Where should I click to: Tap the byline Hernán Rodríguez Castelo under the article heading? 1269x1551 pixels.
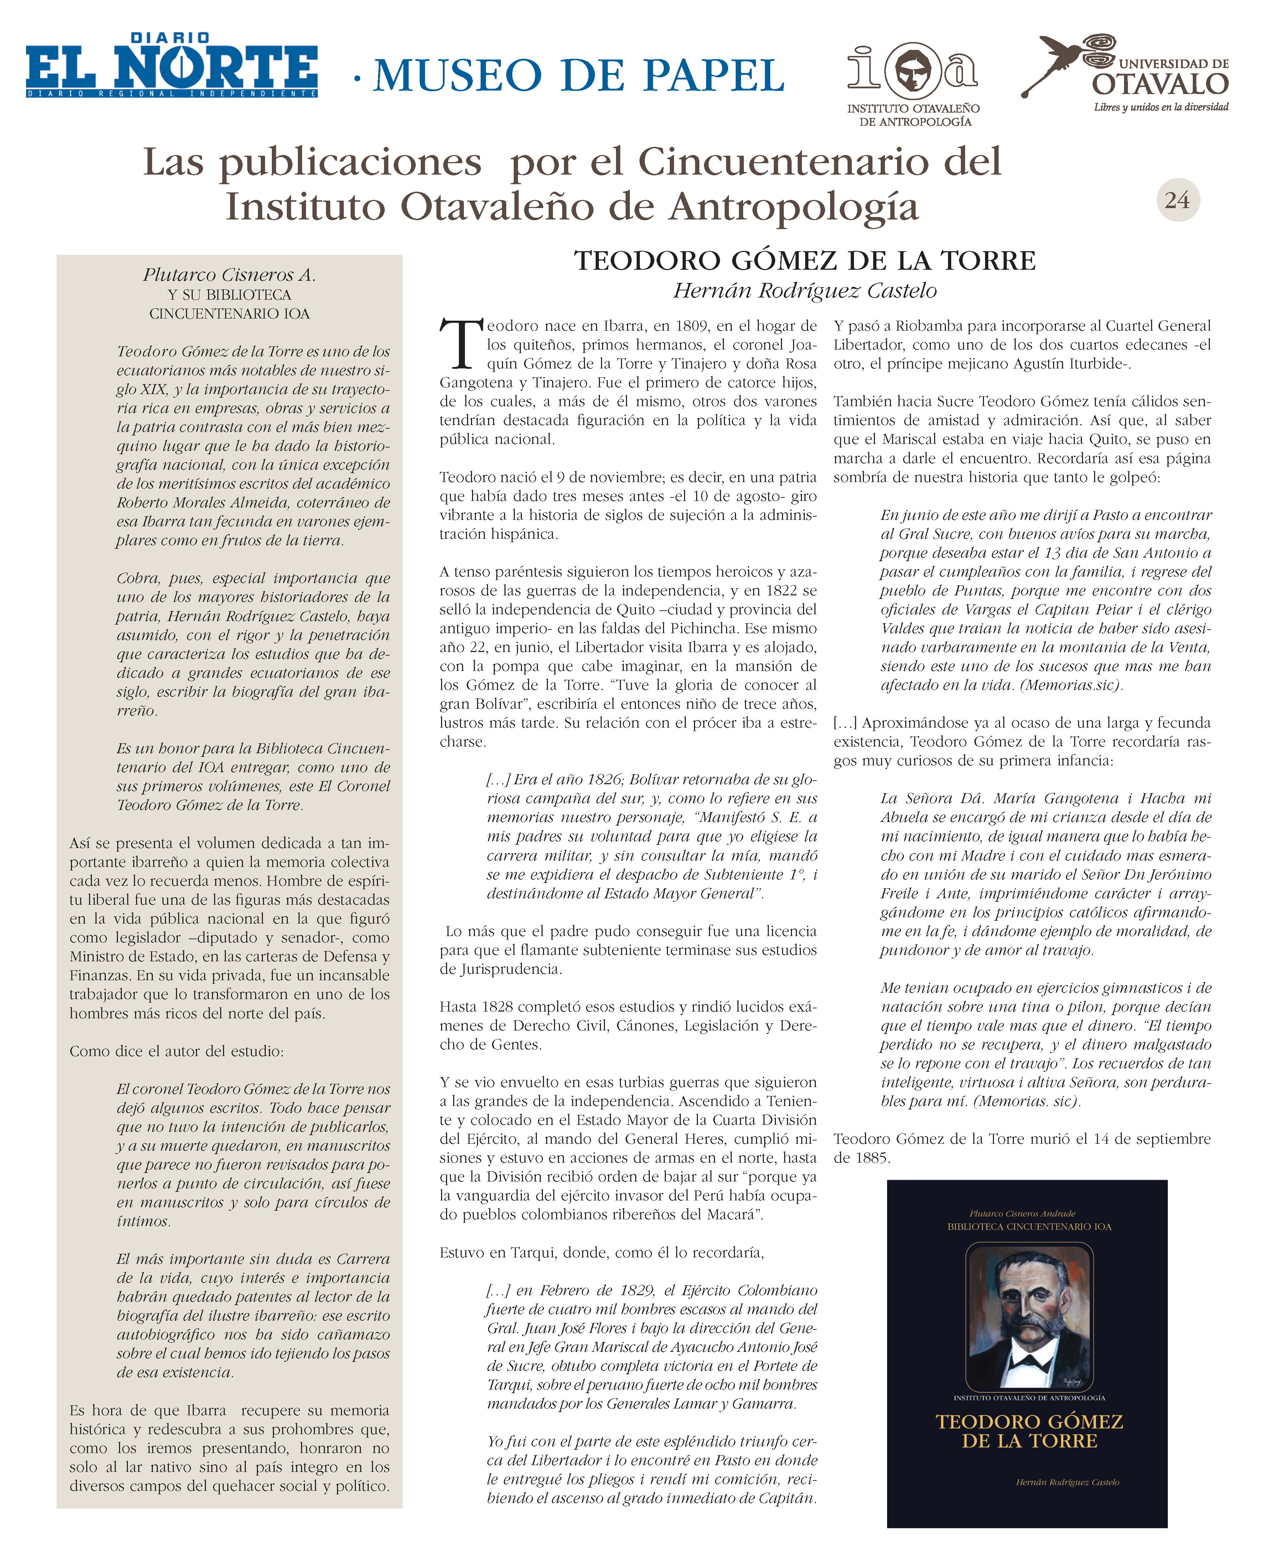point(804,291)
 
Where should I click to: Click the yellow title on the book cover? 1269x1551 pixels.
point(1029,1431)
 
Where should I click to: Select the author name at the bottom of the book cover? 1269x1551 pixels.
point(1067,1482)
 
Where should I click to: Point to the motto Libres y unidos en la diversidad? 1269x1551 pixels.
point(1160,108)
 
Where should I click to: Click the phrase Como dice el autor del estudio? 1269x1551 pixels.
point(176,1051)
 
